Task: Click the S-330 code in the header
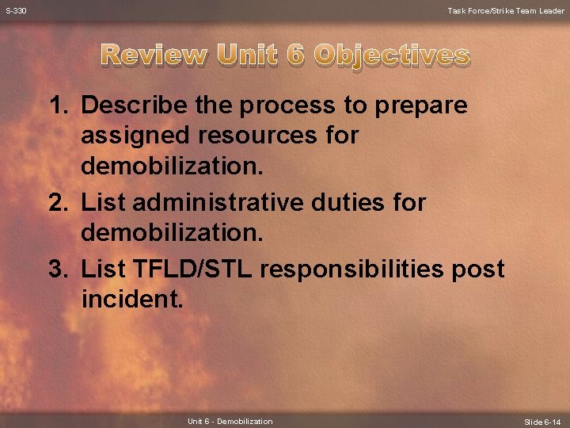click(x=16, y=10)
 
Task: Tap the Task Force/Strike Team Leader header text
click(x=506, y=10)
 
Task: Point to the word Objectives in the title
click(x=391, y=55)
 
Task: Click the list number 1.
click(x=59, y=105)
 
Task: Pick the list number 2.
click(x=59, y=203)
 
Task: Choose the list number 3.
click(x=59, y=269)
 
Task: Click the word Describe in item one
click(x=130, y=105)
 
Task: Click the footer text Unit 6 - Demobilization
click(x=230, y=422)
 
